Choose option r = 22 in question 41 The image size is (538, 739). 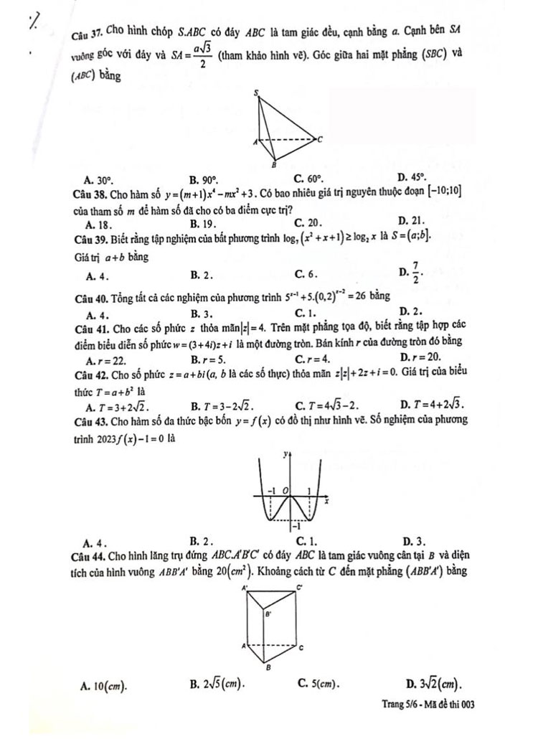coord(105,357)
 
